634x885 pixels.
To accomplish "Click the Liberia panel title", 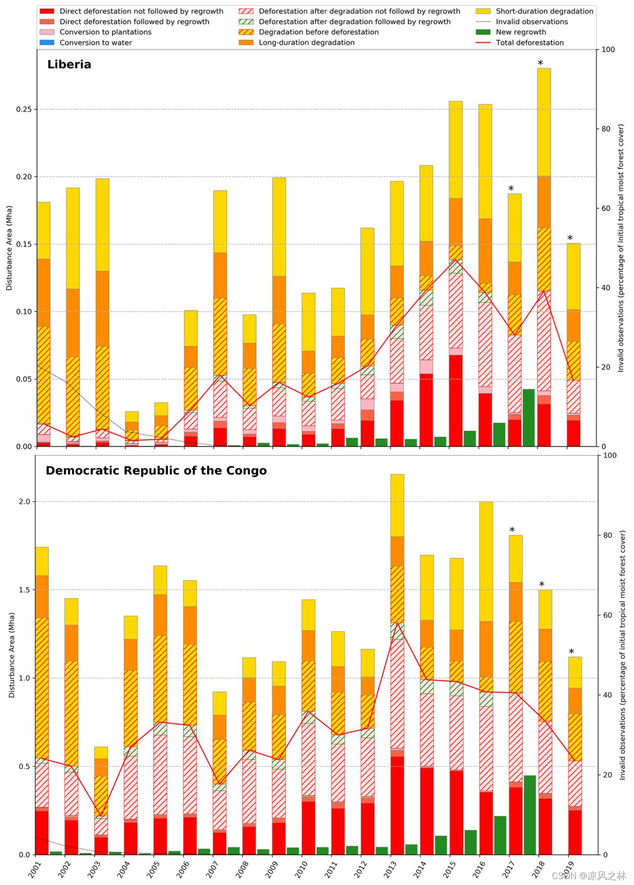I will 69,64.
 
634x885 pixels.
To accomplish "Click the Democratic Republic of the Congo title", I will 156,471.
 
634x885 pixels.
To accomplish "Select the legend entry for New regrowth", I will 520,32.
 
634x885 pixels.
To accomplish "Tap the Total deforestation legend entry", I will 529,43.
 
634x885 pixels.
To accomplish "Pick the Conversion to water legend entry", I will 95,43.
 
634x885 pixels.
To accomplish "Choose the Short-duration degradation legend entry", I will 544,11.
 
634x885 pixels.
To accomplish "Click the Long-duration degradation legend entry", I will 306,43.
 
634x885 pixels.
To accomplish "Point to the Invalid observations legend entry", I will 531,22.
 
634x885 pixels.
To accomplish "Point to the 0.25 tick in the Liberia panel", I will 24,109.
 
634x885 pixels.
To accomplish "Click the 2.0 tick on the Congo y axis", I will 25,502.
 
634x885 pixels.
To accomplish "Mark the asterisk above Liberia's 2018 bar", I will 540,63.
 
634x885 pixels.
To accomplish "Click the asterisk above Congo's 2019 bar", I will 571,652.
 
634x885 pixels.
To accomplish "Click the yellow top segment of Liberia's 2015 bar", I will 455,150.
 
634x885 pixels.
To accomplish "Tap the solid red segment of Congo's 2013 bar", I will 397,805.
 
